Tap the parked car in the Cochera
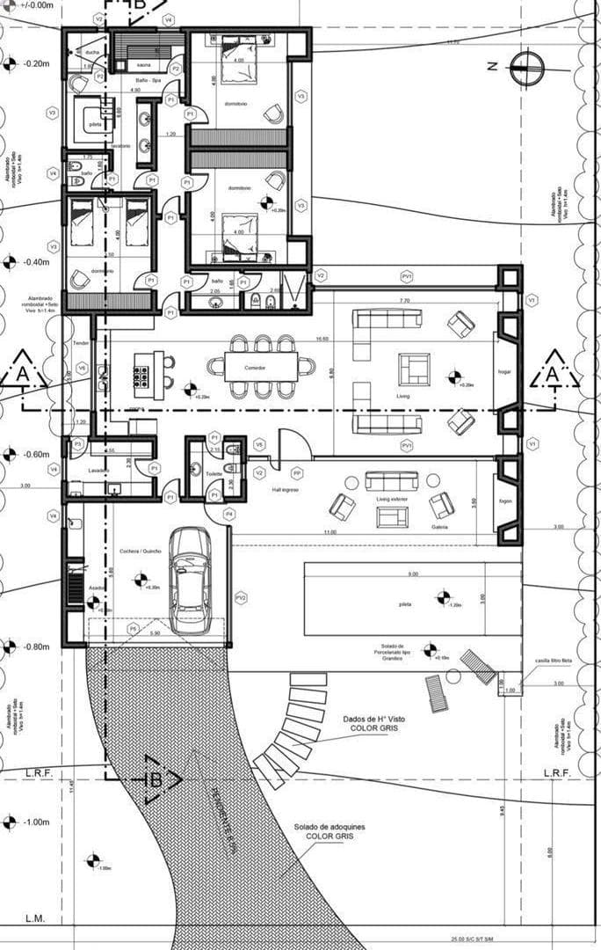pos(190,581)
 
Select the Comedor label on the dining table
pos(255,367)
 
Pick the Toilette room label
pos(214,472)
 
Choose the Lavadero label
pos(98,471)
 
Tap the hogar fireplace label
pos(504,372)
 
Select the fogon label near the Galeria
pos(504,501)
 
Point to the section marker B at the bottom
pos(157,779)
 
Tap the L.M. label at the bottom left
pos(35,919)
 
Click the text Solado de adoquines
pos(329,828)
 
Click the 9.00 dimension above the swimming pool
pos(413,574)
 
